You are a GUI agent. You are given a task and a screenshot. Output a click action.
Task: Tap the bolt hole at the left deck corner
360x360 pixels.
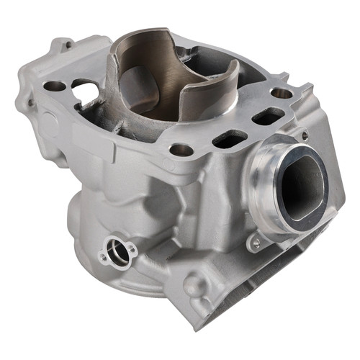tap(55, 86)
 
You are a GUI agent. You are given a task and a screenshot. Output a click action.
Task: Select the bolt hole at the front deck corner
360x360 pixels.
tap(181, 150)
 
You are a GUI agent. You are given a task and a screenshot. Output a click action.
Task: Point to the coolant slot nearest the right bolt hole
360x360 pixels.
tap(268, 115)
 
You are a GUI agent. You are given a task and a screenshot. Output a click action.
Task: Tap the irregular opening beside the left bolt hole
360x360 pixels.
tap(85, 92)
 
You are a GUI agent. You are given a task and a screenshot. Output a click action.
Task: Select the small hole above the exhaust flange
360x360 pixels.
tap(303, 134)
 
